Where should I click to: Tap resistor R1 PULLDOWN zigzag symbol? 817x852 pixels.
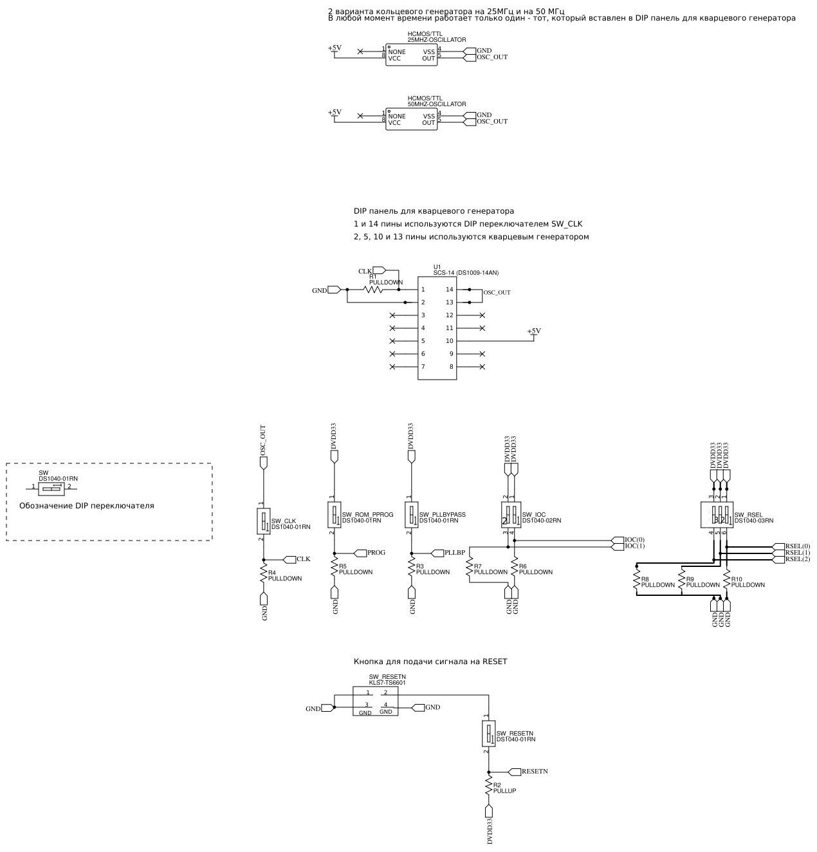click(373, 290)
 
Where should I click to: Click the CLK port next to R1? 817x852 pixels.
click(378, 270)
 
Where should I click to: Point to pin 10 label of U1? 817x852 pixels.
click(449, 341)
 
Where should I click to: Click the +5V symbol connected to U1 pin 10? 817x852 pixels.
click(534, 332)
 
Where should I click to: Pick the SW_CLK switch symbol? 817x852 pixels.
click(264, 521)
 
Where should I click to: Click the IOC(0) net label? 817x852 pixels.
click(634, 540)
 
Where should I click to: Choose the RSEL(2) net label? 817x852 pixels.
click(797, 559)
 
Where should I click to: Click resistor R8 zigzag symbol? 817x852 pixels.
click(637, 582)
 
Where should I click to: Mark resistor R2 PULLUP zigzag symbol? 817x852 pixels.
click(489, 787)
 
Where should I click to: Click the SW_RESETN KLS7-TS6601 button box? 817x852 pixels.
click(376, 701)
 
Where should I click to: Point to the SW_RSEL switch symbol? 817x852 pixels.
click(717, 515)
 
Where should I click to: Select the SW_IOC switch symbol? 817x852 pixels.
click(511, 515)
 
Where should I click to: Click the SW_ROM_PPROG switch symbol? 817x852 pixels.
click(335, 515)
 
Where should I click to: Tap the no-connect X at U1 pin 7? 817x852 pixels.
click(393, 367)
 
